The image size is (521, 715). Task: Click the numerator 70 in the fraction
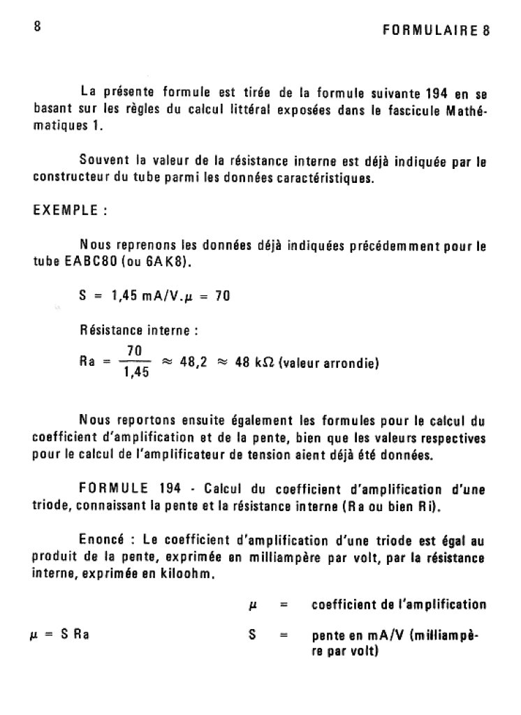135,351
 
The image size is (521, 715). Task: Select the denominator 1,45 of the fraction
135,373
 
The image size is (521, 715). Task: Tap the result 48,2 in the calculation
193,362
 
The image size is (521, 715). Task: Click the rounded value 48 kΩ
255,362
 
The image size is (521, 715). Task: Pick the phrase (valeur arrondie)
328,362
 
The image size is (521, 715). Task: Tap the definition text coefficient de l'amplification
399,603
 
